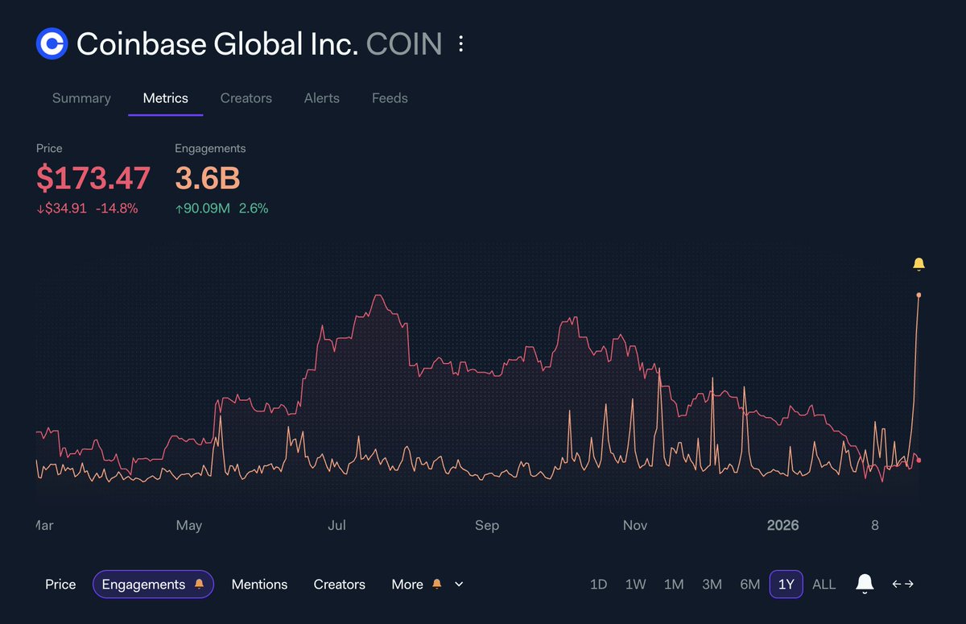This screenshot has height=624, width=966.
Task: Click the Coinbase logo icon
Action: pos(52,43)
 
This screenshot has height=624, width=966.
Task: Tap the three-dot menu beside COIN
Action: pos(460,43)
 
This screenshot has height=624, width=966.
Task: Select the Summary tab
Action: pos(81,98)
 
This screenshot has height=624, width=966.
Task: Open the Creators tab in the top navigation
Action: pos(246,98)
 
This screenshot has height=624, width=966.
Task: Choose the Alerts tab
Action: pos(321,98)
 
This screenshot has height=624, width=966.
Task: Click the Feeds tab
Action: pos(390,98)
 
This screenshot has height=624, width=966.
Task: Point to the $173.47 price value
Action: pos(93,178)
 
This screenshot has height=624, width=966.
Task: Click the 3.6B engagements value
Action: pos(207,178)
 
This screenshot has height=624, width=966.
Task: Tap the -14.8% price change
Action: pos(117,209)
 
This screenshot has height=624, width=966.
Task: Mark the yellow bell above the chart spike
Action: pos(919,264)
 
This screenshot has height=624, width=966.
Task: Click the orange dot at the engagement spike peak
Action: pos(919,295)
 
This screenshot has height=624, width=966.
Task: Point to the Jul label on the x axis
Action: pos(336,526)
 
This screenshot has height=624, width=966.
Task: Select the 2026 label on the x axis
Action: pos(782,526)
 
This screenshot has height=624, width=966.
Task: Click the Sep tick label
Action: pos(486,526)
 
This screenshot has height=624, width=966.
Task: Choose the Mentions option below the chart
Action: pos(259,585)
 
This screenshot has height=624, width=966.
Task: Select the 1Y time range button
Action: pos(786,585)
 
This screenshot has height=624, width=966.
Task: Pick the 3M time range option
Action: pos(712,585)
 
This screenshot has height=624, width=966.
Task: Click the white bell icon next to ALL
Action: pos(865,584)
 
